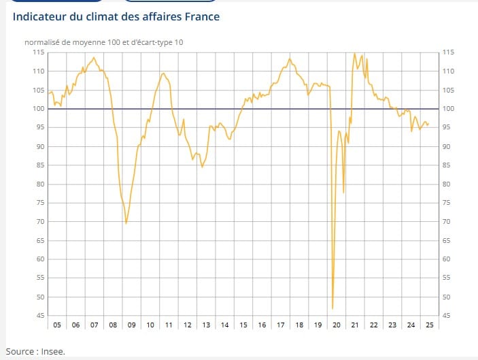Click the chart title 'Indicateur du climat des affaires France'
[116, 16]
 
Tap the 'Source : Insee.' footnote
[35, 351]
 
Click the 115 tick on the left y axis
[39, 52]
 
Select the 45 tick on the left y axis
[39, 316]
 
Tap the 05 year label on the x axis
[57, 325]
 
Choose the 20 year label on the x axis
[337, 325]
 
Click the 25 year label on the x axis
[429, 325]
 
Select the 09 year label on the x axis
[132, 325]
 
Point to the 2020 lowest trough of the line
[332, 309]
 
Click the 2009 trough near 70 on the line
[126, 223]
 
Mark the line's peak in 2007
[94, 57]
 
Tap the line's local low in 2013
[202, 167]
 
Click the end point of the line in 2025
[428, 123]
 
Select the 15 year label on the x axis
[243, 325]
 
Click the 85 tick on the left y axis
[39, 165]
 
